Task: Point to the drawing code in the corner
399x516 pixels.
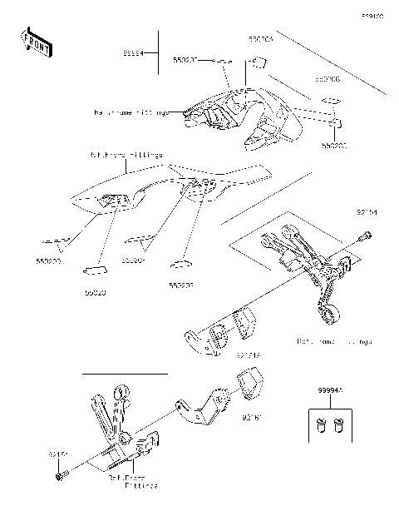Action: pyautogui.click(x=372, y=15)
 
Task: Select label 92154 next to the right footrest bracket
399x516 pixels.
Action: pyautogui.click(x=367, y=213)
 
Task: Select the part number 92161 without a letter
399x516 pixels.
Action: pyautogui.click(x=253, y=413)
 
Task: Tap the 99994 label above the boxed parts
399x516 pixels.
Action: pyautogui.click(x=328, y=388)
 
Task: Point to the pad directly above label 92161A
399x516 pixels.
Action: pyautogui.click(x=244, y=323)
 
